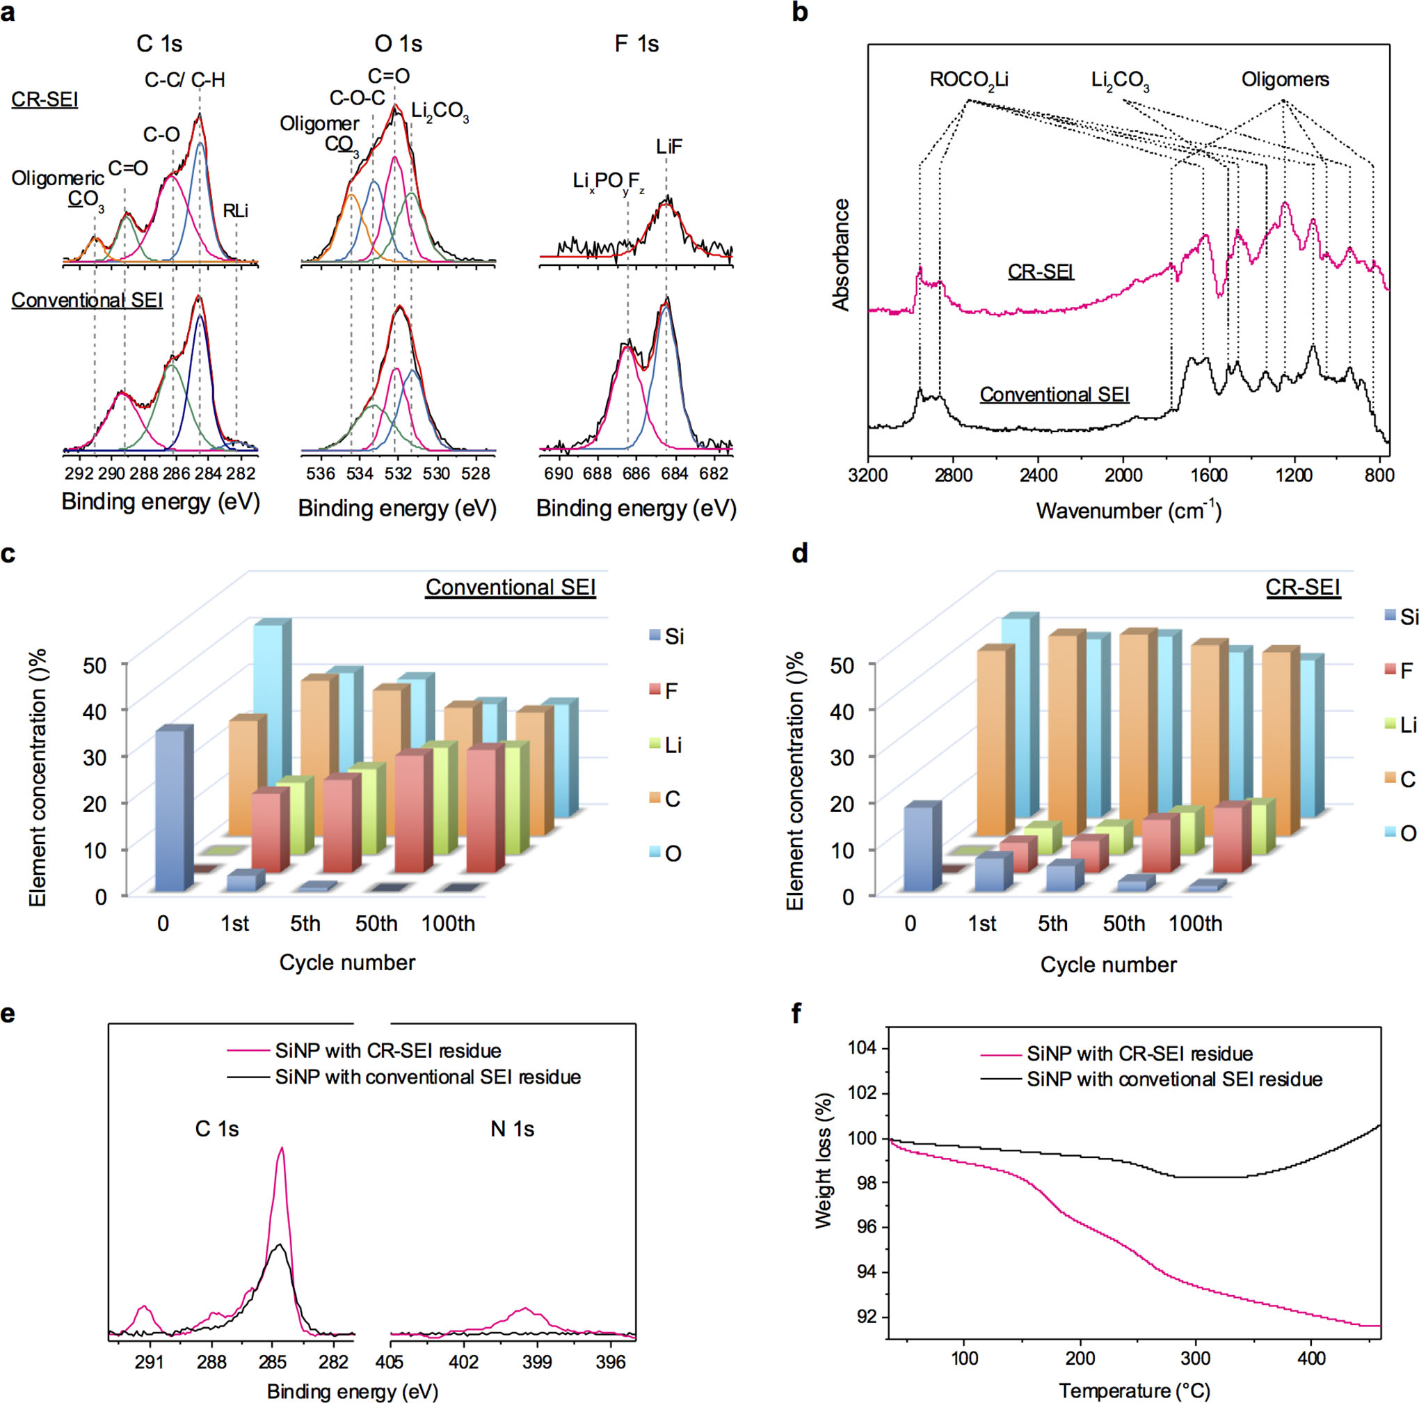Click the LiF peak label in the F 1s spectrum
tap(669, 147)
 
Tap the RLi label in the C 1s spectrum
tap(236, 211)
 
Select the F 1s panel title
tap(636, 44)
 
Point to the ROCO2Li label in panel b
tap(968, 80)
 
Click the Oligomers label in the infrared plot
tap(1285, 79)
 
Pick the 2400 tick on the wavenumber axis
tap(1038, 475)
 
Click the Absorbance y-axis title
tap(841, 254)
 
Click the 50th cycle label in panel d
tap(1124, 924)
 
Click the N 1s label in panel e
tap(512, 1129)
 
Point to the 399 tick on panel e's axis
tap(537, 1363)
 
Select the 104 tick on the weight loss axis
tap(863, 1048)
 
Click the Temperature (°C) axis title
tap(1134, 1390)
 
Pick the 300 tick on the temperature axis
tap(1196, 1358)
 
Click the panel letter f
tap(798, 1014)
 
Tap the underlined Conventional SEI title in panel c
tap(511, 587)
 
